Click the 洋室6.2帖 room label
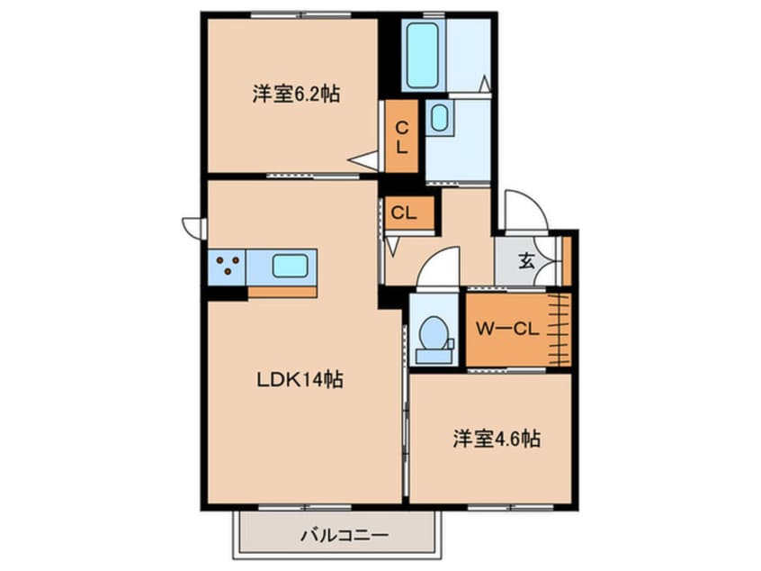click(x=296, y=94)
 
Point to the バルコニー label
click(x=344, y=536)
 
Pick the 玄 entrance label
click(x=526, y=262)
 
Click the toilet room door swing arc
click(x=438, y=270)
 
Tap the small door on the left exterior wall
click(x=192, y=226)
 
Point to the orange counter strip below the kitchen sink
click(x=282, y=291)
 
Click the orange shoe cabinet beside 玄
click(x=567, y=260)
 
